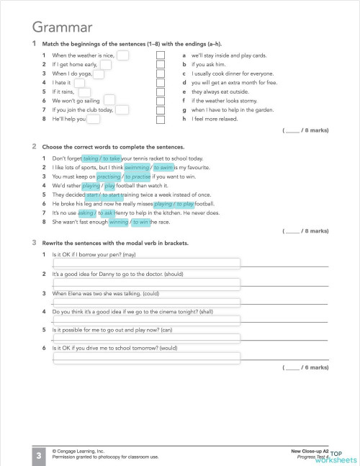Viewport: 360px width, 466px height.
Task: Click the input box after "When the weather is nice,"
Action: pyautogui.click(x=122, y=55)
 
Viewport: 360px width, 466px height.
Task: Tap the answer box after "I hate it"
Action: pyautogui.click(x=79, y=83)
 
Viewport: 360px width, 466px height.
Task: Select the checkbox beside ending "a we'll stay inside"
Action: pyautogui.click(x=161, y=55)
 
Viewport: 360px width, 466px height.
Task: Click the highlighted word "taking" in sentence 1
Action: pyautogui.click(x=90, y=158)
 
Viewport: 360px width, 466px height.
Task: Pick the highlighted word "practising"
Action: pyautogui.click(x=108, y=176)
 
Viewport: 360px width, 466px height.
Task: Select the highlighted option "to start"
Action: pyautogui.click(x=114, y=194)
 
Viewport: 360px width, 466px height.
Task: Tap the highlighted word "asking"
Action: pyautogui.click(x=86, y=213)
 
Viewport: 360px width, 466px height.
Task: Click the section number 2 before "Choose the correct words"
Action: pyautogui.click(x=35, y=146)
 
